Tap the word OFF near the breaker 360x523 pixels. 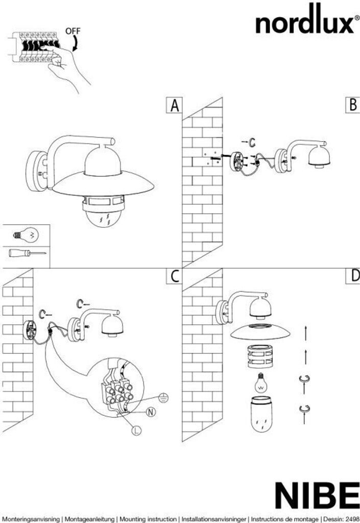[73, 31]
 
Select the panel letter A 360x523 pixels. [175, 106]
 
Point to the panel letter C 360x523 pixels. [175, 276]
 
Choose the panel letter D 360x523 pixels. [353, 276]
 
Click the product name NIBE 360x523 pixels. [317, 495]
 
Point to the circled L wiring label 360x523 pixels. [136, 431]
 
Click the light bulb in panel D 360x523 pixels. [261, 382]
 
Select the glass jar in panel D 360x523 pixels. [260, 415]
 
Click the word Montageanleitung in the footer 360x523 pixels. [92, 518]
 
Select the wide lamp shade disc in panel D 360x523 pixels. [260, 331]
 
